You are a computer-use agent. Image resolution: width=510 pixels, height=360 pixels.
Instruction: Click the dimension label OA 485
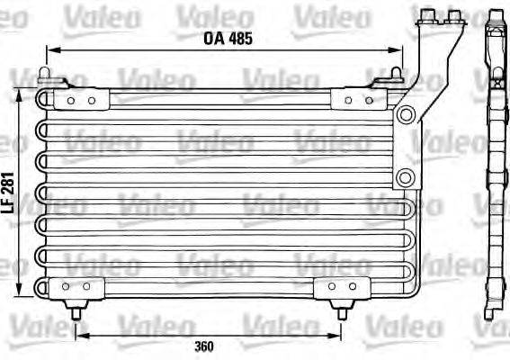coord(228,39)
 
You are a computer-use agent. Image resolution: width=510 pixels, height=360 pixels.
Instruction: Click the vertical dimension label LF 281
coord(8,193)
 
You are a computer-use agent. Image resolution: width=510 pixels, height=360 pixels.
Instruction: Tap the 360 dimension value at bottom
coord(204,346)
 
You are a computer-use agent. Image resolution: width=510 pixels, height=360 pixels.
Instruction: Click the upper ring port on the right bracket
coord(406,114)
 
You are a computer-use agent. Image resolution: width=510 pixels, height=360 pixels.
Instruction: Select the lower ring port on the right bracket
coord(406,177)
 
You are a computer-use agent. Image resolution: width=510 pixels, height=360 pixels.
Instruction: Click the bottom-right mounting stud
coord(342,310)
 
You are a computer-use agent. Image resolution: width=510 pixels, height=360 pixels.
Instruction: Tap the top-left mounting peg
coord(44,75)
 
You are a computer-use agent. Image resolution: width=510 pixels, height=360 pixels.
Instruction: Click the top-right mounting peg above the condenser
coord(396,74)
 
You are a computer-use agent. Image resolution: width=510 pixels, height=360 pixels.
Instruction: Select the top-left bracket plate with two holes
coord(81,99)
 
